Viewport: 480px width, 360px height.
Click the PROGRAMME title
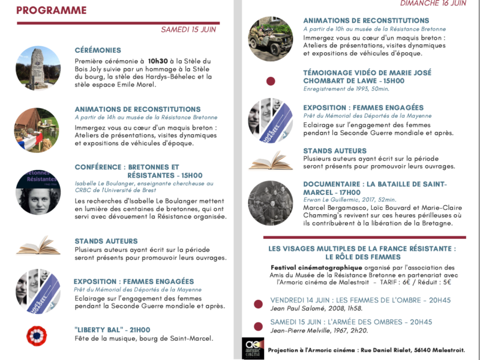51,10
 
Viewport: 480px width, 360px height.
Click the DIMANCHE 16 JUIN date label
433,3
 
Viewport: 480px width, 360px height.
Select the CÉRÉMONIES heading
98,50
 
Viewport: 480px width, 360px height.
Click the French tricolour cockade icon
37,335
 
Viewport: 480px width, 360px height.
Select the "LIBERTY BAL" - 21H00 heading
113,329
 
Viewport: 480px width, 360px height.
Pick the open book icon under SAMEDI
37,245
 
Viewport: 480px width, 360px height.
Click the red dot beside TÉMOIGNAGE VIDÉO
271,81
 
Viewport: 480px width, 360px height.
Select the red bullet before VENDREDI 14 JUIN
259,304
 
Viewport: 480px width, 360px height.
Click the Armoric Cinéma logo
253,348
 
